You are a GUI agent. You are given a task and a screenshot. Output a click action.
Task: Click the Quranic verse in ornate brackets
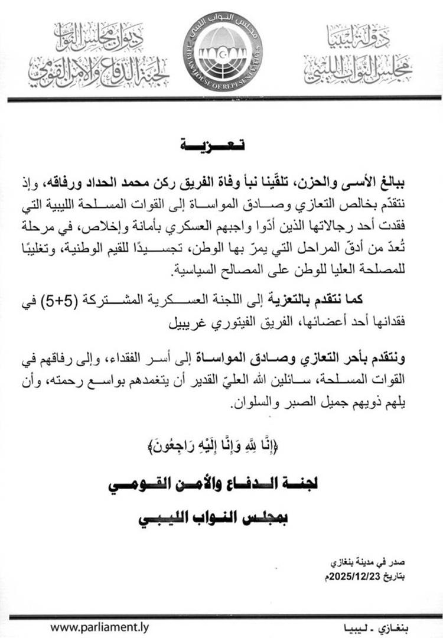click(x=221, y=445)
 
